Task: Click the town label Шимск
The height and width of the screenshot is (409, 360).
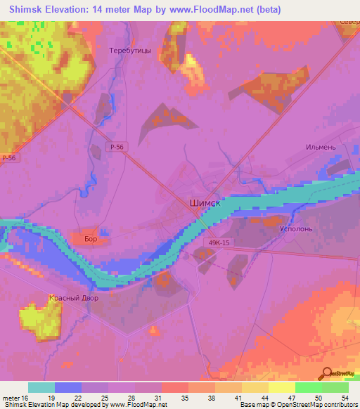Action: (x=205, y=202)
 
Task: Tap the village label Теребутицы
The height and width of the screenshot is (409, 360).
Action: (x=130, y=51)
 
